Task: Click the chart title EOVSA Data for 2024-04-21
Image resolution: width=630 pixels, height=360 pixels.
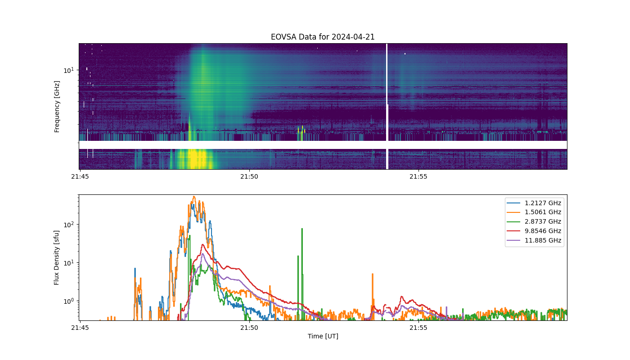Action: (323, 37)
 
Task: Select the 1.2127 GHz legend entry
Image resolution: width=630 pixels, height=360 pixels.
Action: (534, 203)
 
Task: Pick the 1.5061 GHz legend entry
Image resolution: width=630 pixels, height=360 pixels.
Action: (534, 212)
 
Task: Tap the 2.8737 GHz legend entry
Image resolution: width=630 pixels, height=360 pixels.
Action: (534, 221)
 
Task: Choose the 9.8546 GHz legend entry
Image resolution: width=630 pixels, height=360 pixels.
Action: (534, 231)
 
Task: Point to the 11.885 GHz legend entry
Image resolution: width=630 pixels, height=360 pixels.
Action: (534, 240)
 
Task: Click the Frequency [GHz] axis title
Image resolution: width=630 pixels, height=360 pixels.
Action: (57, 107)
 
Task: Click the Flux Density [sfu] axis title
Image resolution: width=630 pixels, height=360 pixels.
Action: (57, 257)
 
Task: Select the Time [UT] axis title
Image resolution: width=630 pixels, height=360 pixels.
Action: (323, 336)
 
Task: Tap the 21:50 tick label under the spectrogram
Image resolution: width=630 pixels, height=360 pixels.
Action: (249, 176)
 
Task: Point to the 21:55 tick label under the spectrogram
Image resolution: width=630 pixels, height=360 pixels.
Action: (418, 176)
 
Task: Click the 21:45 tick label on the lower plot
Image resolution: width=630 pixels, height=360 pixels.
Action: (80, 328)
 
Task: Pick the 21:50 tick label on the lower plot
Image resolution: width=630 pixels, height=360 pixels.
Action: (249, 328)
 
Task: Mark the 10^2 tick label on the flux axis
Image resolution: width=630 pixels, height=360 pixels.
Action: (68, 225)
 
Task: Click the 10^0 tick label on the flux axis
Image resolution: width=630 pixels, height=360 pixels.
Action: (68, 301)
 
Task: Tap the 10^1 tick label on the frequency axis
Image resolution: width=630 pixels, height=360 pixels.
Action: (68, 70)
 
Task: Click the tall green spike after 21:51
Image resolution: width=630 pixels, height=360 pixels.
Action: (302, 229)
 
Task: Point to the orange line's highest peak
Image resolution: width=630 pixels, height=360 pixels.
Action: (194, 197)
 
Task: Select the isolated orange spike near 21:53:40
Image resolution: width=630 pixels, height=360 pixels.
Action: (373, 274)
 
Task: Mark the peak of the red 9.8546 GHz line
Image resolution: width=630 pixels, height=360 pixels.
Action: (202, 245)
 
